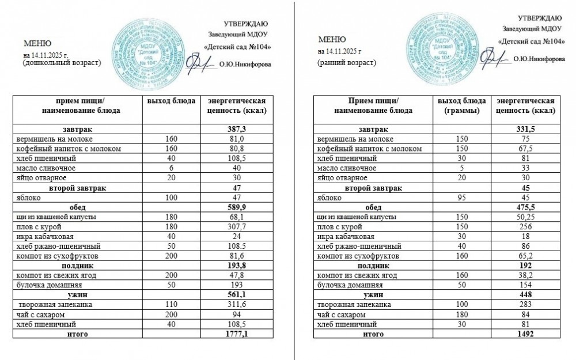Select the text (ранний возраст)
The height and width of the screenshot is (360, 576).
pos(347,62)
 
